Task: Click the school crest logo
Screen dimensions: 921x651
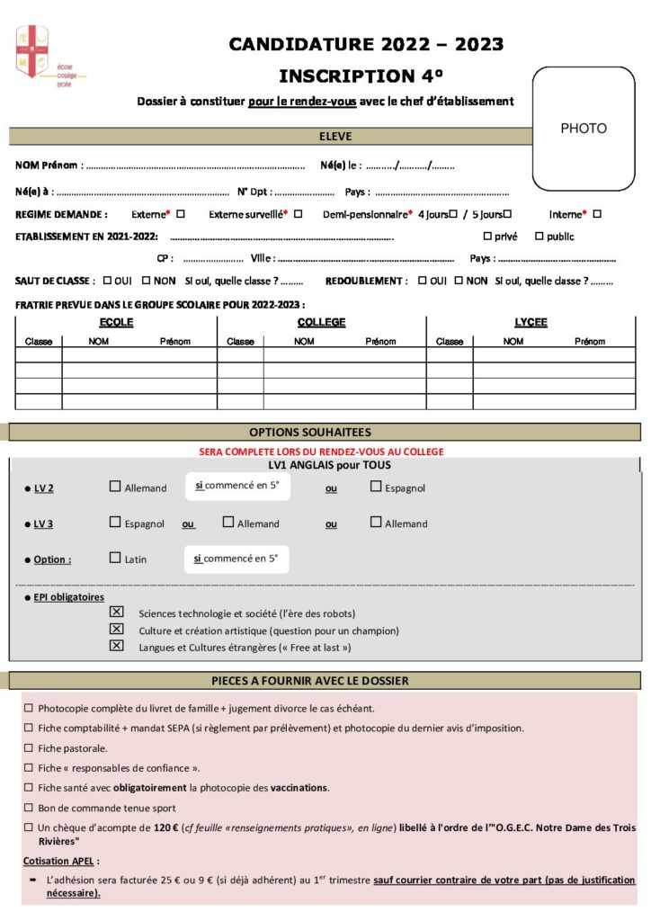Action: (x=32, y=51)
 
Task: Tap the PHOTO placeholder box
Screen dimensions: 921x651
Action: (x=584, y=128)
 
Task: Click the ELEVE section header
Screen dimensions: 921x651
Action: (x=335, y=137)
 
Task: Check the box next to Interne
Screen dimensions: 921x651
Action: (x=597, y=214)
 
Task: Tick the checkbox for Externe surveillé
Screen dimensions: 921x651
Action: (x=298, y=214)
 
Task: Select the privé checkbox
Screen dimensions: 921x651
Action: (x=487, y=237)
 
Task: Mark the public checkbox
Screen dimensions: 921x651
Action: (x=539, y=237)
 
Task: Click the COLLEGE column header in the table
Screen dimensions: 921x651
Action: (x=321, y=322)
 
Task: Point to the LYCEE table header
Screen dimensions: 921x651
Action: (x=531, y=322)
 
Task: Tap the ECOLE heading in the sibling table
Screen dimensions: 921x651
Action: (x=116, y=322)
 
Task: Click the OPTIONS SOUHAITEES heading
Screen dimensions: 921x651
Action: (x=323, y=433)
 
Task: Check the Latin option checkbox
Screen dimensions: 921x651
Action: (x=115, y=558)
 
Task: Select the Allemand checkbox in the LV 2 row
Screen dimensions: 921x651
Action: (x=115, y=487)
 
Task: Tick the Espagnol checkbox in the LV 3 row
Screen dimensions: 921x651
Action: (x=115, y=522)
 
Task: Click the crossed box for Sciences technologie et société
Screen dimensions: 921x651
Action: (x=115, y=612)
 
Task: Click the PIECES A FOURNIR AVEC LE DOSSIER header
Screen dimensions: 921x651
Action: (x=323, y=681)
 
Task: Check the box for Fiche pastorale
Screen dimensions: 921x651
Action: (x=29, y=748)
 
